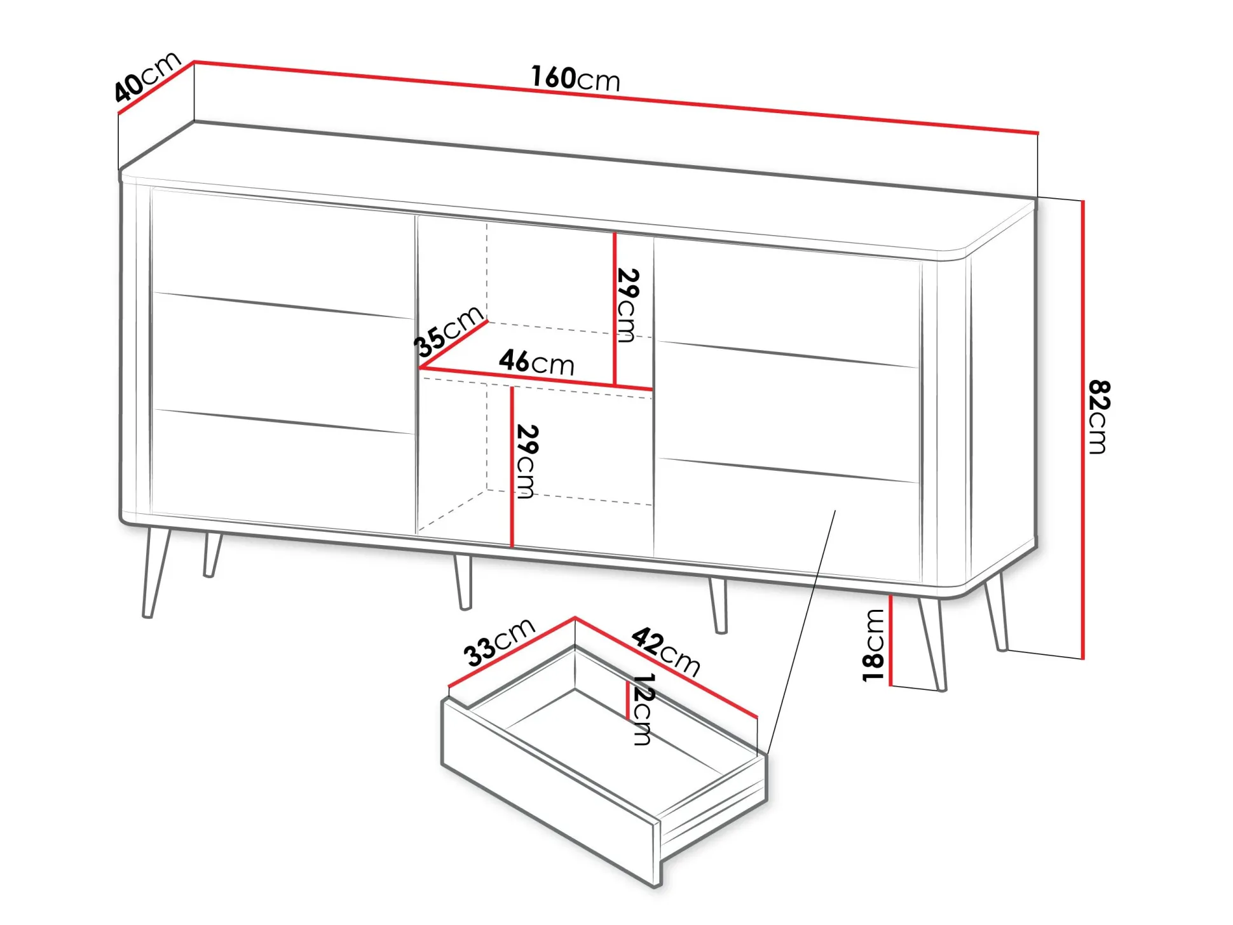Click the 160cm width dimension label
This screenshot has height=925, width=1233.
point(575,78)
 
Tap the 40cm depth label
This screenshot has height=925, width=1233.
point(147,76)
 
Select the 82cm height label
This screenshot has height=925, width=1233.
point(1098,417)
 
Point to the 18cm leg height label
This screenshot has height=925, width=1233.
point(873,645)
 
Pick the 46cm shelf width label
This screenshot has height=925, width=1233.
point(536,362)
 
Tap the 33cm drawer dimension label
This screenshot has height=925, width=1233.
point(499,642)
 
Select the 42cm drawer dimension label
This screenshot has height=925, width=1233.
point(665,652)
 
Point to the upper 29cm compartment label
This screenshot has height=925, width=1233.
point(627,305)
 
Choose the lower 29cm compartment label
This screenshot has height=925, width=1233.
point(527,461)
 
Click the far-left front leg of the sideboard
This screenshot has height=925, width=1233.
point(156,572)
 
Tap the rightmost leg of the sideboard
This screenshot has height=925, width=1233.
point(997,611)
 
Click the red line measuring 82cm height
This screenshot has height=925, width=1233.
point(1082,429)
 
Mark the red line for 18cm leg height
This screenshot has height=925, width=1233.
point(890,640)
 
